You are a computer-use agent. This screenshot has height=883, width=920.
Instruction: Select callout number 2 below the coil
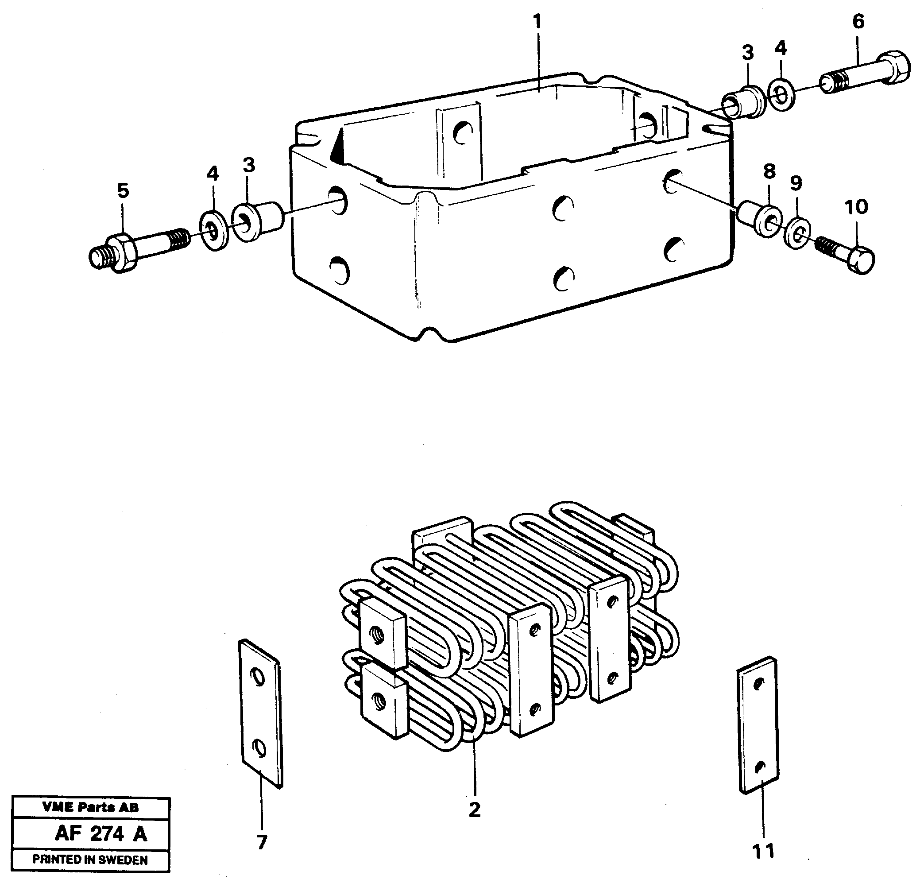pyautogui.click(x=474, y=810)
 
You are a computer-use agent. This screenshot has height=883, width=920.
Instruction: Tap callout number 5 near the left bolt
pyautogui.click(x=123, y=191)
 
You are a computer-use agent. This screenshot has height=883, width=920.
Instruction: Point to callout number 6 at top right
pyautogui.click(x=858, y=22)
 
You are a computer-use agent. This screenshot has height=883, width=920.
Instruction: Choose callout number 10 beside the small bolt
pyautogui.click(x=856, y=206)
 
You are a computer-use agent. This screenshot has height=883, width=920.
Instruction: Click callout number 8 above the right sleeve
pyautogui.click(x=769, y=171)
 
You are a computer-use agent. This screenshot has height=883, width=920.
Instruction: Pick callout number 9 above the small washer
pyautogui.click(x=796, y=183)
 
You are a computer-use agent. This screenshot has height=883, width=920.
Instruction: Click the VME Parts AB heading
pyautogui.click(x=90, y=807)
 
